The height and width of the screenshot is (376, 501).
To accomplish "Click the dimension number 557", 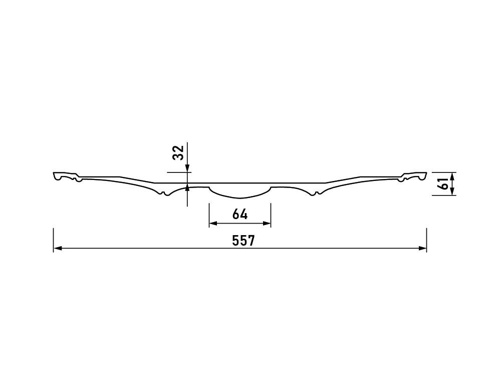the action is (243, 241).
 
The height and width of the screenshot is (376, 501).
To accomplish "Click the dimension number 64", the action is (240, 214).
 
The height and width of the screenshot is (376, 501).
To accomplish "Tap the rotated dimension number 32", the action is (178, 152).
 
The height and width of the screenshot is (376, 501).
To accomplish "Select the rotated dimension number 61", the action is (444, 184).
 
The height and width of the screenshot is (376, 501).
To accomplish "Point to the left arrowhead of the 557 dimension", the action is (57, 249).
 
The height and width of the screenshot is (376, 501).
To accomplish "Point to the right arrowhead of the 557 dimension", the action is (422, 249).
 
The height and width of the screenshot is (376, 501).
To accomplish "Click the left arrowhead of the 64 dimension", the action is (213, 224).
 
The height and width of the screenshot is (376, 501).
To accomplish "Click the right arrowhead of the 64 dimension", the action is (267, 224).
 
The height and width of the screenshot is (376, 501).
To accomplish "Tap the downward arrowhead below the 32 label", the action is (187, 168).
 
